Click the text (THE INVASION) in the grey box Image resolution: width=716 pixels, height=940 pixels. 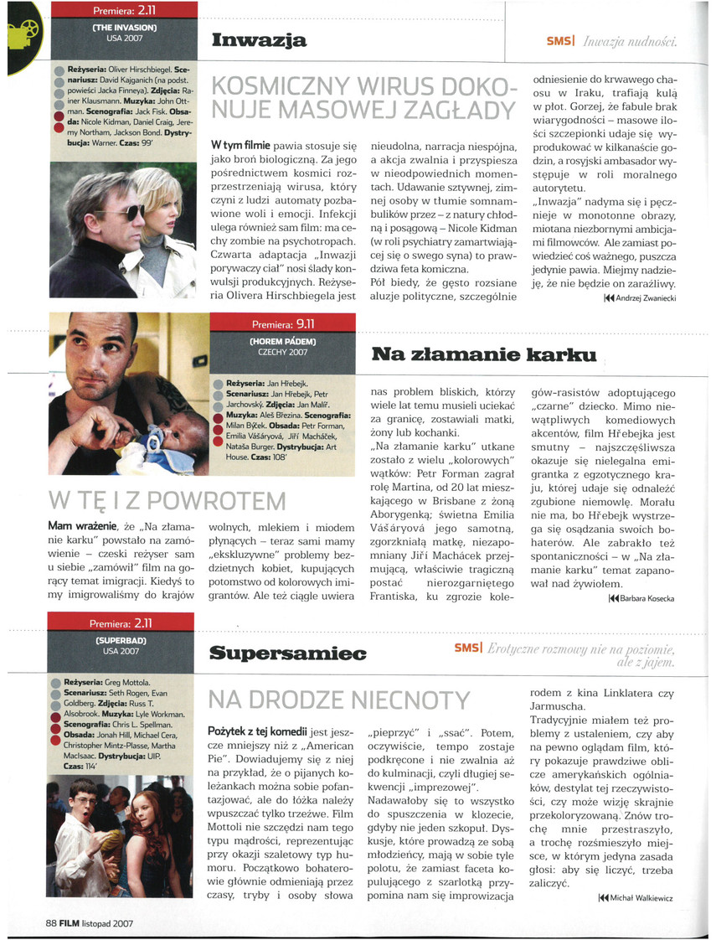point(125,28)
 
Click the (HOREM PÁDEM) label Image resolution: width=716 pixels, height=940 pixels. point(282,342)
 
